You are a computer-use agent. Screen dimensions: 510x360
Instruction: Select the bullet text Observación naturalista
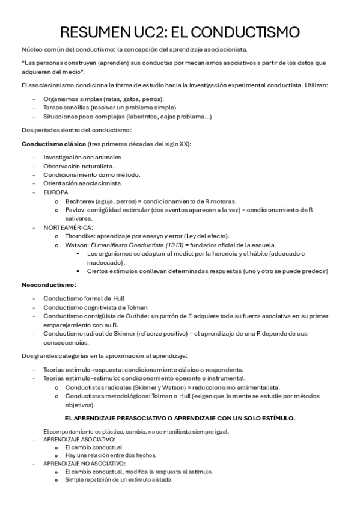[x=79, y=165]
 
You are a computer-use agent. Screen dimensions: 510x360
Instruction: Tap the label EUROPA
[x=56, y=192]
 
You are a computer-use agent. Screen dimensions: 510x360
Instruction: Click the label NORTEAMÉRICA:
[x=69, y=227]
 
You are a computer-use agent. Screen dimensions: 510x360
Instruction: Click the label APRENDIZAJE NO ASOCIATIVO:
[x=85, y=464]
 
